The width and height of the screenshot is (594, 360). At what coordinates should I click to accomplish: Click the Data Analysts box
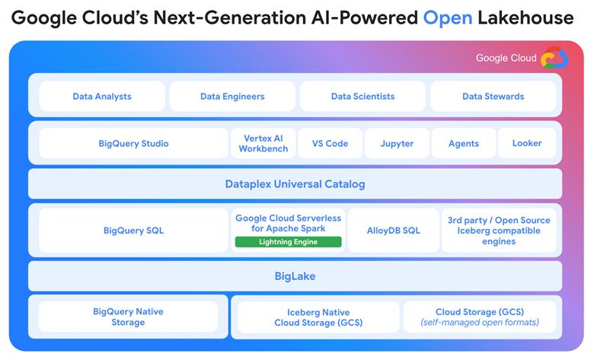pyautogui.click(x=102, y=96)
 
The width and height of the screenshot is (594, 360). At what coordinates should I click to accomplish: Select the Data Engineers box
pyautogui.click(x=232, y=96)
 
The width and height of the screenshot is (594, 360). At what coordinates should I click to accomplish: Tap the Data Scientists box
pyautogui.click(x=362, y=96)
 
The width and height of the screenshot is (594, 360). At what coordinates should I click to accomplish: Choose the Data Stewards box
pyautogui.click(x=493, y=96)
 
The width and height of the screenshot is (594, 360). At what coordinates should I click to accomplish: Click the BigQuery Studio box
pyautogui.click(x=133, y=143)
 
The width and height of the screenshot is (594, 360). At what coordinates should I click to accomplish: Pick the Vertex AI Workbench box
pyautogui.click(x=263, y=143)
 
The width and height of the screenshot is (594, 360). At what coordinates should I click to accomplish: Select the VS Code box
pyautogui.click(x=330, y=143)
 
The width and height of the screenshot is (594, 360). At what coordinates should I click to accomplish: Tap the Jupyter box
pyautogui.click(x=397, y=143)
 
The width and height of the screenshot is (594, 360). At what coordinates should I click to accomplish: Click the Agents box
pyautogui.click(x=464, y=143)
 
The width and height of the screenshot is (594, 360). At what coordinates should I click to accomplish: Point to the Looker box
pyautogui.click(x=527, y=143)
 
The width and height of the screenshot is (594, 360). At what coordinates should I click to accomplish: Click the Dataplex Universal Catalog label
pyautogui.click(x=295, y=184)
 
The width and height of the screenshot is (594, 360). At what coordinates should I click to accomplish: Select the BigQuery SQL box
pyautogui.click(x=133, y=230)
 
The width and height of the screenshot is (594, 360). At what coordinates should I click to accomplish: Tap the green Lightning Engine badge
pyautogui.click(x=289, y=242)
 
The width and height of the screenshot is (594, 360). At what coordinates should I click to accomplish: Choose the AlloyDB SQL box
pyautogui.click(x=393, y=230)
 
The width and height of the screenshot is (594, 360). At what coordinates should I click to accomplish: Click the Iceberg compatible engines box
pyautogui.click(x=499, y=230)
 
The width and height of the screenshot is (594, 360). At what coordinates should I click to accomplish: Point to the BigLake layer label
pyautogui.click(x=295, y=276)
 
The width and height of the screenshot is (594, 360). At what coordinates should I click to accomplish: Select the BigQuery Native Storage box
pyautogui.click(x=128, y=317)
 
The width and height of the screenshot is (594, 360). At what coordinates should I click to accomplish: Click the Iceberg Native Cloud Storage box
pyautogui.click(x=318, y=317)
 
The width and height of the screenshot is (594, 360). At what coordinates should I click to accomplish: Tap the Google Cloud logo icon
pyautogui.click(x=554, y=58)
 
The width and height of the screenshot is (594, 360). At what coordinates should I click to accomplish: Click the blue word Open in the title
pyautogui.click(x=448, y=18)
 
